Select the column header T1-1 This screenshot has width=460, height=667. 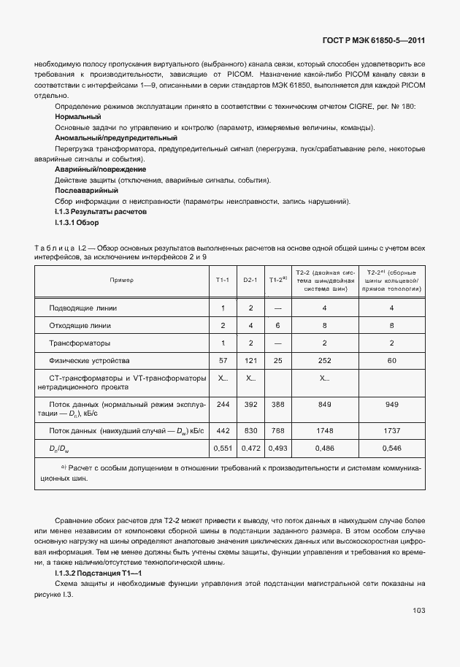tap(223, 280)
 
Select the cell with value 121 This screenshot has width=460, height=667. tap(250, 360)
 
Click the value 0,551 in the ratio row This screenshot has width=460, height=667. tap(223, 446)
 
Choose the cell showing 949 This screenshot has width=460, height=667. tap(392, 405)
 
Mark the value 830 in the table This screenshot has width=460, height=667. tap(250, 431)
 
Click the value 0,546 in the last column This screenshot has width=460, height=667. tap(392, 446)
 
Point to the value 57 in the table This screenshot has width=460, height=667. tap(223, 360)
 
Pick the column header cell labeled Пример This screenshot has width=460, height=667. tap(122, 280)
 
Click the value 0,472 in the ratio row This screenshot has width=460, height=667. tap(250, 446)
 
